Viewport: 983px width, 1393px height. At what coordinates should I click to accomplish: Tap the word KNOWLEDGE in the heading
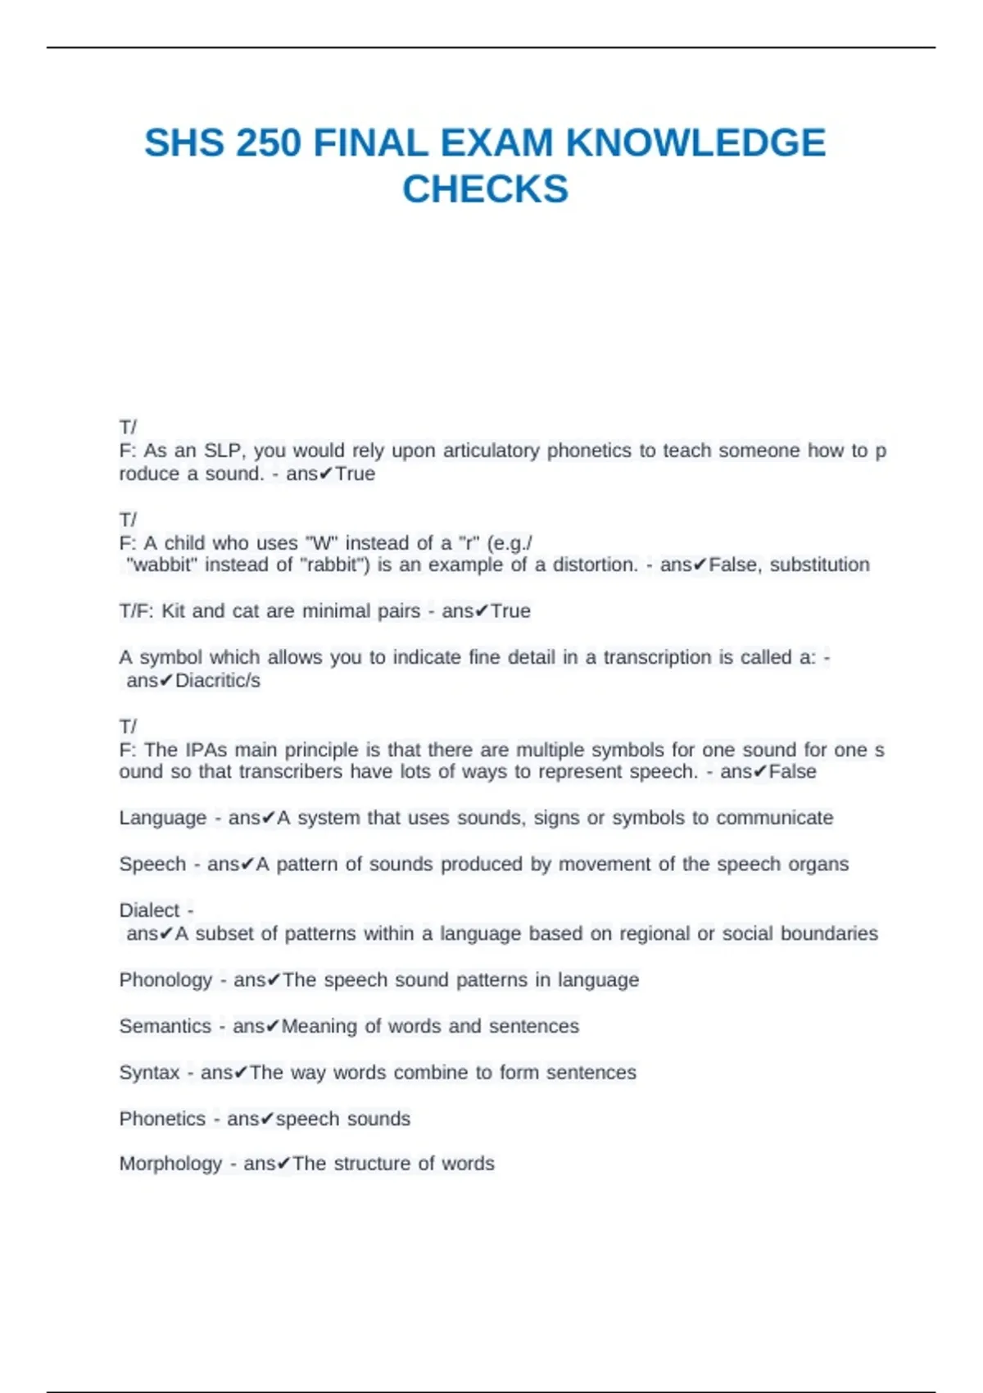coord(695,143)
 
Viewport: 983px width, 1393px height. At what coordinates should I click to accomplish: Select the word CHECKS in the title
coord(485,189)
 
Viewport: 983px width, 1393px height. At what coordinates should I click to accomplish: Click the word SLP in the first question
coord(223,451)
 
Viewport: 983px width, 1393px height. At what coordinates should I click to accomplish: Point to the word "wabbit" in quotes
coord(162,565)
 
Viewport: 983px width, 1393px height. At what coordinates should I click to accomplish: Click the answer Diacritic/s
coord(218,680)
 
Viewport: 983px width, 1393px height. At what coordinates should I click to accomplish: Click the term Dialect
coord(149,910)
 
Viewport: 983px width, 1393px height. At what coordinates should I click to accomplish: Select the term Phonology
coord(165,980)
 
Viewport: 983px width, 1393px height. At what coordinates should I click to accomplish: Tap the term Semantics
coord(165,1026)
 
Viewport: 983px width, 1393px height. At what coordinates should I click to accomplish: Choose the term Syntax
coord(149,1073)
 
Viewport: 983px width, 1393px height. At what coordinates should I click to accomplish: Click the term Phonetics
coord(162,1118)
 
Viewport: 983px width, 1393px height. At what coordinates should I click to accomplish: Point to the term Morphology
coord(170,1164)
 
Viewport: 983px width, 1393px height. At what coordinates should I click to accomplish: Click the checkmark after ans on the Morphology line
coord(283,1164)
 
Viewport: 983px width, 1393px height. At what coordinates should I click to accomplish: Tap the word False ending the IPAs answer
coord(792,772)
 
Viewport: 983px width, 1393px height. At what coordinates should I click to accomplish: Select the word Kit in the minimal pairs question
coord(174,611)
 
